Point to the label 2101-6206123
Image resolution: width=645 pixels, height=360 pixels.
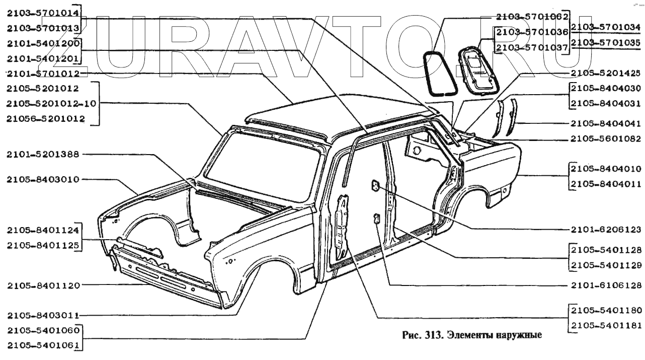pyautogui.click(x=606, y=228)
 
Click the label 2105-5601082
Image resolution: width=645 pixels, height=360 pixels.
pyautogui.click(x=606, y=138)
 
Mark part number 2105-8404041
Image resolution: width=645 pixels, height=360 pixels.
pyautogui.click(x=606, y=123)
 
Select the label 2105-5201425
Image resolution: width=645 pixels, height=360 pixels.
pyautogui.click(x=606, y=74)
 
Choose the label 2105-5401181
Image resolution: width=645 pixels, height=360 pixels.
pyautogui.click(x=606, y=325)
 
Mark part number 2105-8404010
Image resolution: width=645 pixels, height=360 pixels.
pyautogui.click(x=606, y=169)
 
